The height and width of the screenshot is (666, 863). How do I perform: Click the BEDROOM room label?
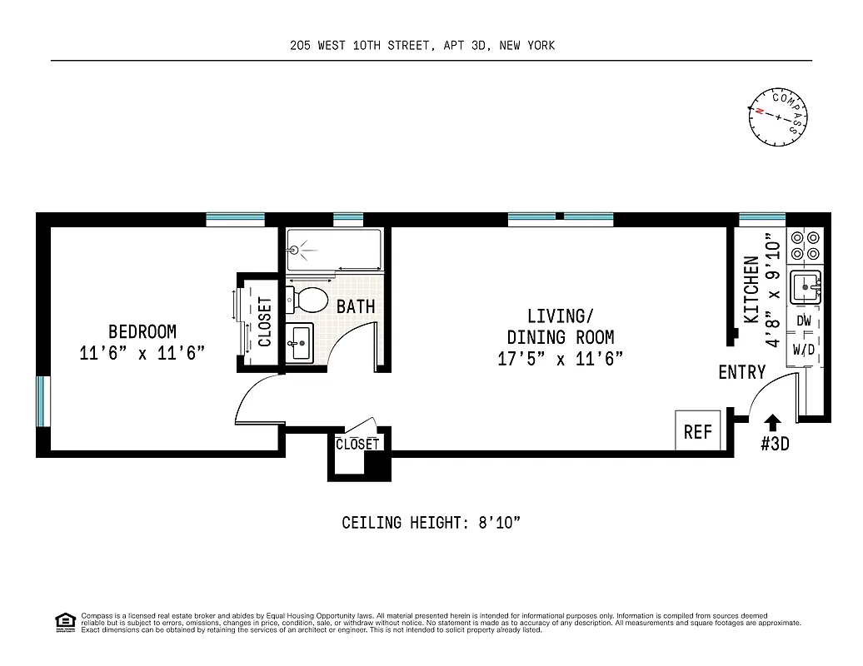142,332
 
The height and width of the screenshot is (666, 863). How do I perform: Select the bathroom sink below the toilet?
301,341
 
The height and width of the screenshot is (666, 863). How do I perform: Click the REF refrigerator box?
698,431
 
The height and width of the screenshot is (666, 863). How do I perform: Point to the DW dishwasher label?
804,321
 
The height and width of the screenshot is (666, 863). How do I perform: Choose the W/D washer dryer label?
804,350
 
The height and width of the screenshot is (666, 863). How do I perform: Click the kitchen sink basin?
805,287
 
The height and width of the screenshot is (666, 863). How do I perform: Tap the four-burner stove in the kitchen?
805,244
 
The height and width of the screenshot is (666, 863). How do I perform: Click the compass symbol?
779,117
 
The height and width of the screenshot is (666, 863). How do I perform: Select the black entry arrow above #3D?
773,423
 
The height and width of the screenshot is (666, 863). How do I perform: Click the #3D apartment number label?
774,445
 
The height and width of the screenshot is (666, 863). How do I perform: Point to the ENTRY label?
741,372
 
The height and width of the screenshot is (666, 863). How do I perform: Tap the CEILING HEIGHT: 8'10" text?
431,523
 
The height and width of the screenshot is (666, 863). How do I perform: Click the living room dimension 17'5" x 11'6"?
560,359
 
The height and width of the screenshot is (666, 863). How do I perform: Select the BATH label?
356,306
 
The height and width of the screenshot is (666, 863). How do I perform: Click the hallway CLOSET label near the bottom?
357,445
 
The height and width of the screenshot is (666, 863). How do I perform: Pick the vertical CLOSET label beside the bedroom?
265,321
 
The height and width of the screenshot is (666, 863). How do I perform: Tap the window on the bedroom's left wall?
42,402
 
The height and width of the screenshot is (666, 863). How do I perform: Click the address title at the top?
422,45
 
